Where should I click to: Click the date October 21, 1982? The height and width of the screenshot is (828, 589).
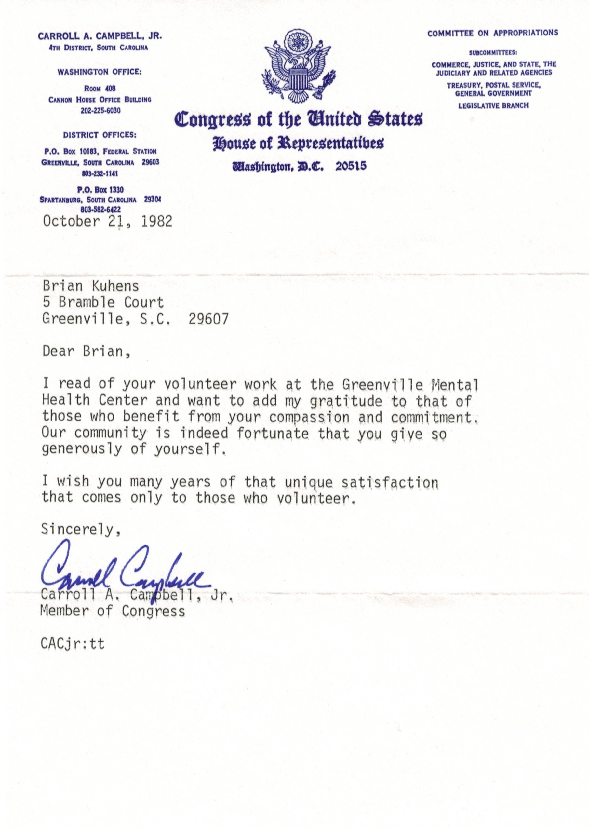tap(107, 221)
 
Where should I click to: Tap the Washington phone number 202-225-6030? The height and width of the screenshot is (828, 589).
tap(100, 111)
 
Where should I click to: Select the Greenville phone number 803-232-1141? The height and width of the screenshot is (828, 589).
tap(100, 174)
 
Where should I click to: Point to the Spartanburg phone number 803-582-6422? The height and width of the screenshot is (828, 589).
tap(100, 209)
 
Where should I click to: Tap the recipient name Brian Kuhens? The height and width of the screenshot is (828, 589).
tap(91, 286)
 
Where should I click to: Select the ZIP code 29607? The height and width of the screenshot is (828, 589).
tap(208, 319)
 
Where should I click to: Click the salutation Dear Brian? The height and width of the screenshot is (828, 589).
tap(86, 351)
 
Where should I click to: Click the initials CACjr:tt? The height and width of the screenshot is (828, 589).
tap(73, 644)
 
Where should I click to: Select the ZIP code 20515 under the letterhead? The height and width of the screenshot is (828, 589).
tap(351, 167)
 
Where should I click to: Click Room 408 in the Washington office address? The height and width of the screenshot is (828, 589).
tap(100, 89)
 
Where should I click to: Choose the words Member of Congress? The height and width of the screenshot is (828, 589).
tap(113, 611)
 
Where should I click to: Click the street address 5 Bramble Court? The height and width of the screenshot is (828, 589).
tap(103, 302)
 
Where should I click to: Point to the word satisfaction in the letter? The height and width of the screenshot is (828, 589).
tap(390, 482)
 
